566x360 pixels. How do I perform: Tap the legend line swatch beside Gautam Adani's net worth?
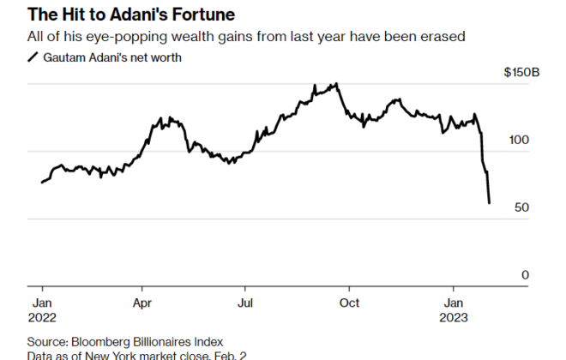click(x=33, y=57)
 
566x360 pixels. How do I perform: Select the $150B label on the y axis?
click(x=521, y=73)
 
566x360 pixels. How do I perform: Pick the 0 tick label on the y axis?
click(x=536, y=274)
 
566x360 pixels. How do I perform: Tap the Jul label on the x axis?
click(x=245, y=303)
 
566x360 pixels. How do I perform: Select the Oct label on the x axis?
click(x=348, y=303)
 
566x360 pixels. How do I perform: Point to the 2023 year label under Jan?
click(x=455, y=317)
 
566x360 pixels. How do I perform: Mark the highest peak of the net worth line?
click(x=336, y=84)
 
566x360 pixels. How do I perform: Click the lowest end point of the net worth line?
click(x=489, y=202)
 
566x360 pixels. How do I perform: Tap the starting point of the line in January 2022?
click(x=41, y=182)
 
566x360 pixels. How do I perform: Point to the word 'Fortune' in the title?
click(x=207, y=15)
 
